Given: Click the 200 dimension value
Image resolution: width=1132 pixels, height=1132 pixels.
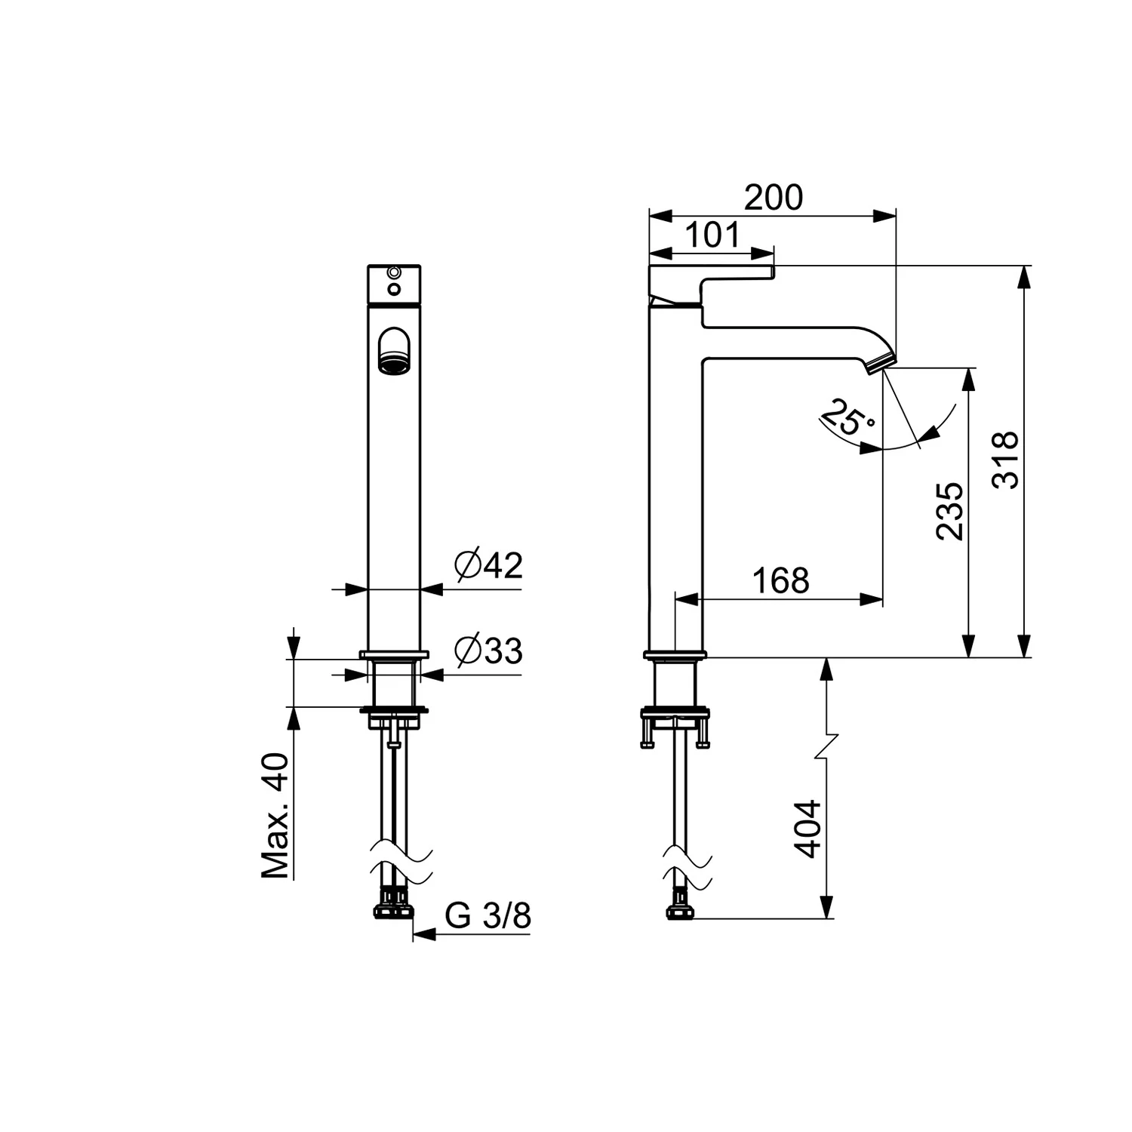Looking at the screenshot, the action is pyautogui.click(x=774, y=198).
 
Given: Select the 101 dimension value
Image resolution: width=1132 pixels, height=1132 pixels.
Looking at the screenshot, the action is pyautogui.click(x=713, y=235).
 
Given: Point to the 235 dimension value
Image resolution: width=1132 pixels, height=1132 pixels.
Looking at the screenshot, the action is pyautogui.click(x=950, y=511).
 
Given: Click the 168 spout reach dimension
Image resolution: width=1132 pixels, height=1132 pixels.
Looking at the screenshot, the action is pyautogui.click(x=780, y=580).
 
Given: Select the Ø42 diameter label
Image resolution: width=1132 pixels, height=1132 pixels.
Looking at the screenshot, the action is pyautogui.click(x=488, y=564).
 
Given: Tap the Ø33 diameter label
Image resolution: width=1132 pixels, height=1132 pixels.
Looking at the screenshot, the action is pyautogui.click(x=488, y=650).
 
